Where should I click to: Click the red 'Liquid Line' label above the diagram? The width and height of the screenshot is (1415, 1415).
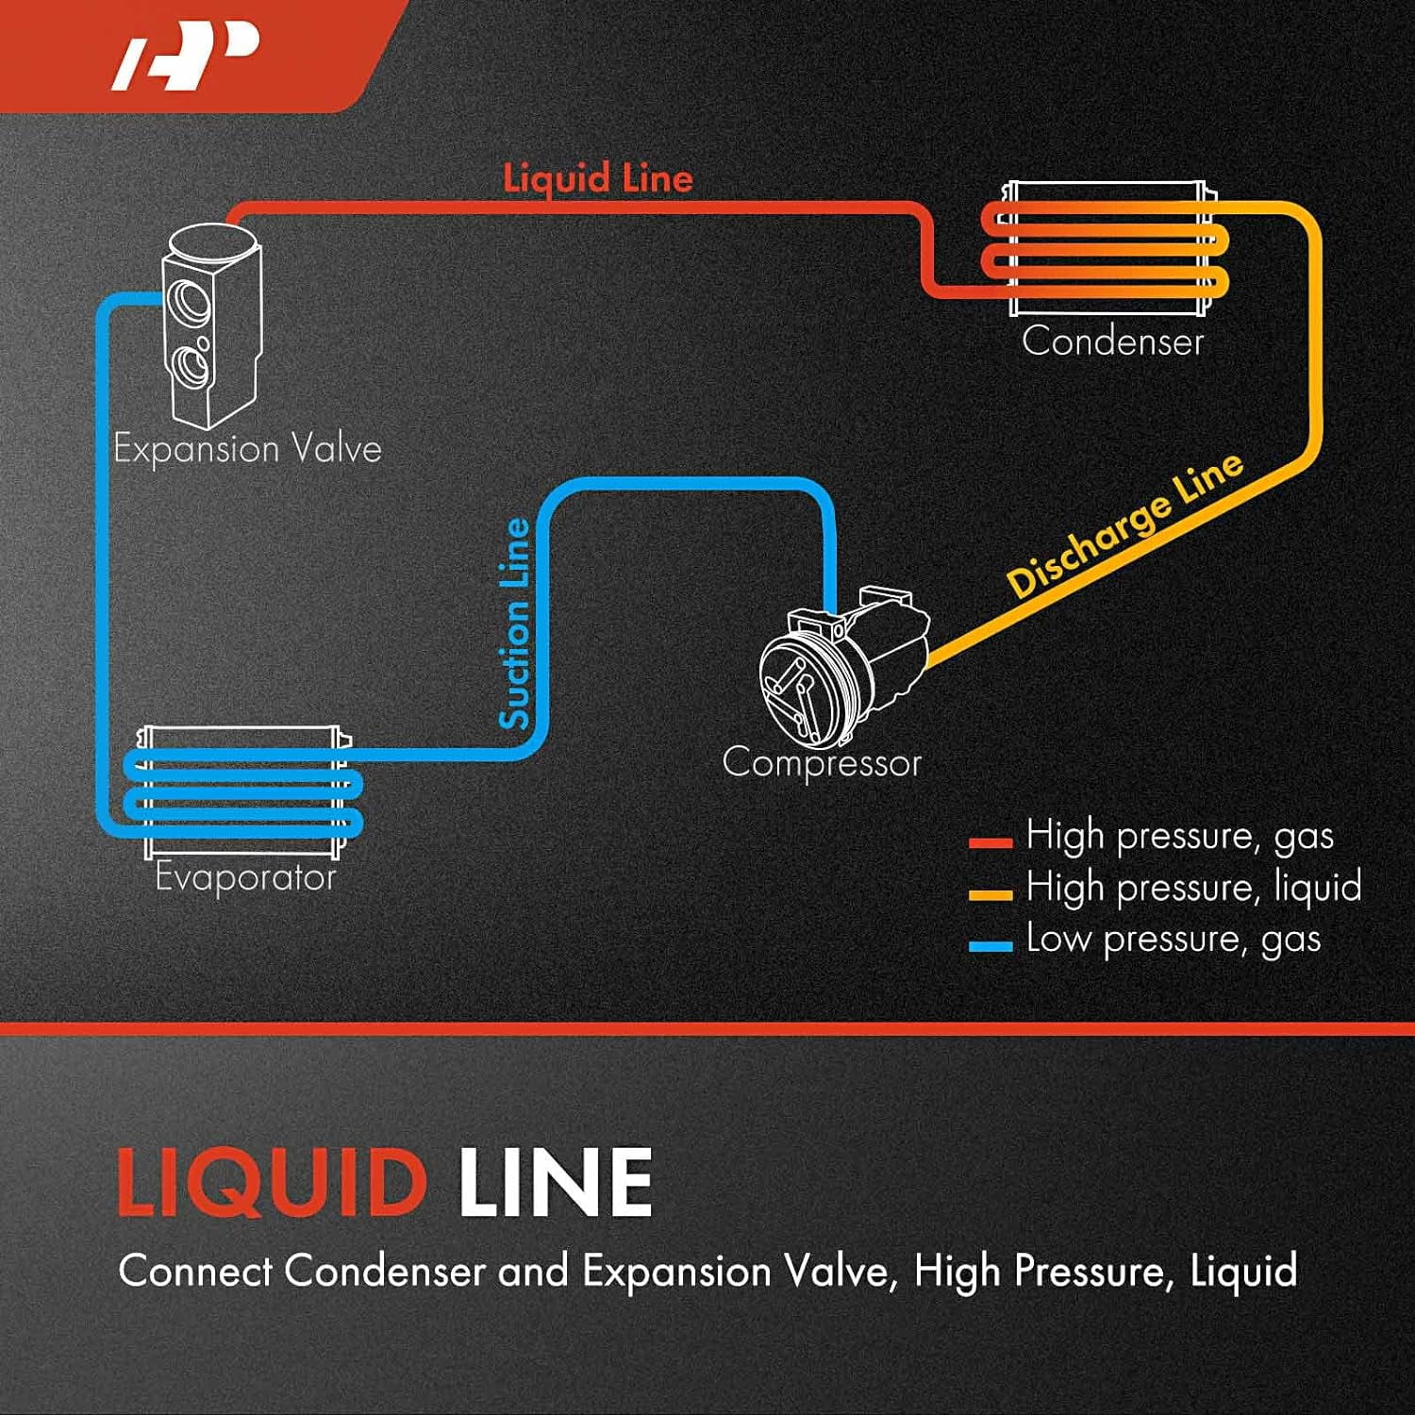click(x=598, y=178)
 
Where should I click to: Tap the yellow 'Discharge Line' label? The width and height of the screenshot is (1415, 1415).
click(x=1125, y=524)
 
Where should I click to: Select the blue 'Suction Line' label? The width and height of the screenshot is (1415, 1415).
click(x=515, y=624)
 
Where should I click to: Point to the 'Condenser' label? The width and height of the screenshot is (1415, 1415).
click(x=1113, y=341)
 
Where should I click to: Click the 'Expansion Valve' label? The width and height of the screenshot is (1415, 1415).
click(x=248, y=449)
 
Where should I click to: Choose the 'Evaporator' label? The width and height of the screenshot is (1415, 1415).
click(x=246, y=877)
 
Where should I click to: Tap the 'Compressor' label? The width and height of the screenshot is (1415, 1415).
click(x=822, y=762)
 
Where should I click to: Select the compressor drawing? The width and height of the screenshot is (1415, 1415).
click(x=844, y=665)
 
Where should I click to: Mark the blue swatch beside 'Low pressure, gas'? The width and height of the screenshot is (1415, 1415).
click(x=990, y=945)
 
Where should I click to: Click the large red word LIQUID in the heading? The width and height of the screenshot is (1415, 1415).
click(x=272, y=1183)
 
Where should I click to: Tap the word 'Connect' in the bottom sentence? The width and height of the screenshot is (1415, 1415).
click(x=196, y=1271)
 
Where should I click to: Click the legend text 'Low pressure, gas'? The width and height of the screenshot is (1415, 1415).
click(x=1174, y=940)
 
